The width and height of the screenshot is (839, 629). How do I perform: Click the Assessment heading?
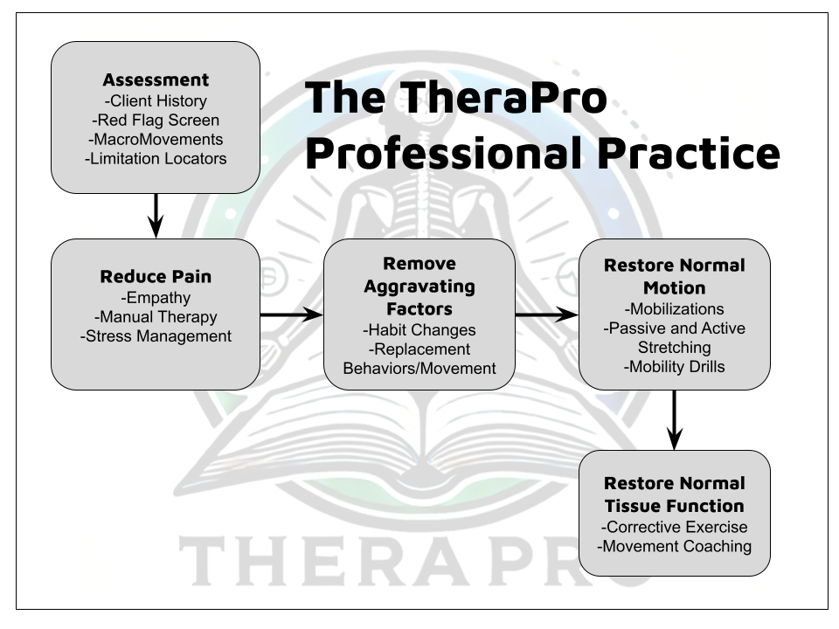click(156, 81)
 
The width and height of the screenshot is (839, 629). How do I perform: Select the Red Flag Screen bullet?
click(156, 120)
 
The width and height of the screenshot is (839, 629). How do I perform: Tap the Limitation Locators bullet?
click(156, 158)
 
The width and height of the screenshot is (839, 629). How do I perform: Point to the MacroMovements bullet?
click(156, 139)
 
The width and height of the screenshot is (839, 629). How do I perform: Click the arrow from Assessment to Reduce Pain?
click(156, 215)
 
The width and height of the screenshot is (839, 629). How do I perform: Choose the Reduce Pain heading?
click(156, 277)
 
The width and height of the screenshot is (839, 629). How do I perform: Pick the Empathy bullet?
click(156, 297)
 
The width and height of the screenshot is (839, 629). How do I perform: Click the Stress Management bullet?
click(156, 335)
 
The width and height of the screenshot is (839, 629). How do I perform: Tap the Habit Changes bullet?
click(419, 330)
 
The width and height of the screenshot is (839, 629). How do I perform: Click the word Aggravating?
click(419, 286)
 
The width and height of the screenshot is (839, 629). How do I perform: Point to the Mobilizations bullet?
click(674, 309)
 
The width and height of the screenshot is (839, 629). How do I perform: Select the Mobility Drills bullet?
click(674, 367)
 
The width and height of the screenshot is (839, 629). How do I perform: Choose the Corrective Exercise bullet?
click(674, 528)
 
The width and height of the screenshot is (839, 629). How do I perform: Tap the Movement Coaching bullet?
click(674, 547)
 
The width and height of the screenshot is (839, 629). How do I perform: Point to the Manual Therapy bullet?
click(156, 316)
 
